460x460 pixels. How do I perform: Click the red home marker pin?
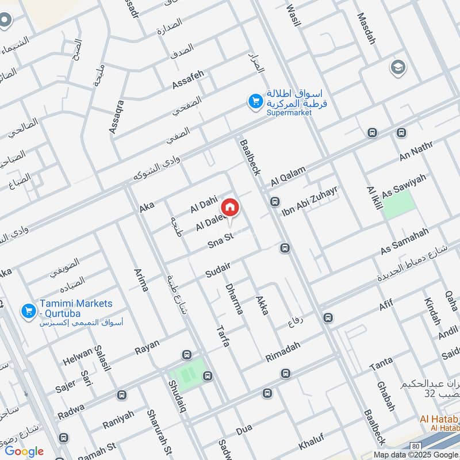(230, 207)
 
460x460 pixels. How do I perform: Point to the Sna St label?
(219, 242)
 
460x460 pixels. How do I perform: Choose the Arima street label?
(141, 280)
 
